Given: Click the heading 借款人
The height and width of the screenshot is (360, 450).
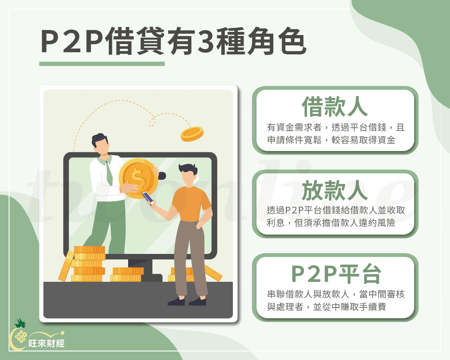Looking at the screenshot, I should tap(335, 107).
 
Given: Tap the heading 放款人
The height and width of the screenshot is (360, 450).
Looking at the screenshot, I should tap(335, 191).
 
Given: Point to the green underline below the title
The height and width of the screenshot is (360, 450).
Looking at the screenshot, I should tap(102, 64).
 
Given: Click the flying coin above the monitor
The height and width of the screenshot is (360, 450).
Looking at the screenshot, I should tap(192, 133).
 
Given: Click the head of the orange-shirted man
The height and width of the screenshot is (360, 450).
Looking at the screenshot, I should tap(188, 173).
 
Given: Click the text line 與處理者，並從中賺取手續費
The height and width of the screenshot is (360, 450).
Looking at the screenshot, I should tap(326, 308).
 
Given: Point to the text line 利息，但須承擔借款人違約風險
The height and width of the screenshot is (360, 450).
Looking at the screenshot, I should tap(331, 223).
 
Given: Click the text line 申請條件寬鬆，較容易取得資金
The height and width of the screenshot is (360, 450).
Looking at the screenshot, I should tap(331, 140).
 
